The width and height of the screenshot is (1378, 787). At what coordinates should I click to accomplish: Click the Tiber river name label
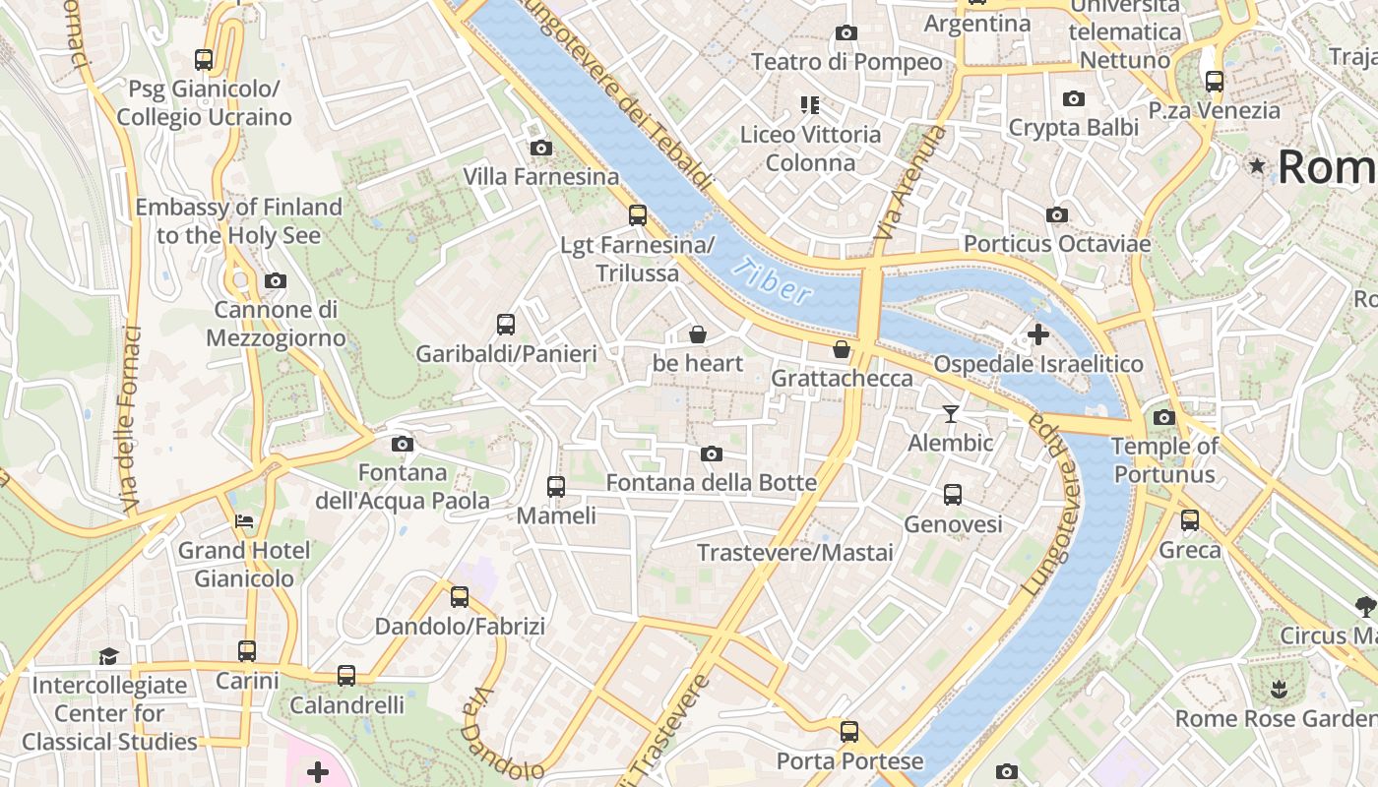point(774,280)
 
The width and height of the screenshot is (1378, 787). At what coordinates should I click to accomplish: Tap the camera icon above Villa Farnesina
point(540,149)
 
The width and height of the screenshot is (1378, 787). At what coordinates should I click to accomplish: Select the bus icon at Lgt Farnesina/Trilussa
point(638,215)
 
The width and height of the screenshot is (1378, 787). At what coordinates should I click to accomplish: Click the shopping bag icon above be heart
point(698,334)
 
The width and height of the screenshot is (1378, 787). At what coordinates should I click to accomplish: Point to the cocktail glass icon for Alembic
point(950,413)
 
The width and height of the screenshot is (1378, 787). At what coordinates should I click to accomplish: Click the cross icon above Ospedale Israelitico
point(1037,334)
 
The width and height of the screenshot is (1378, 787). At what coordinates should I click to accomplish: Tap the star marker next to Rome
point(1257,165)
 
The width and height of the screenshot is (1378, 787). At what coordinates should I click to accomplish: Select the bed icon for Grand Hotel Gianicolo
point(244,520)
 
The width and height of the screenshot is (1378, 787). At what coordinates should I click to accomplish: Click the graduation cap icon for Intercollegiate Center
point(108,656)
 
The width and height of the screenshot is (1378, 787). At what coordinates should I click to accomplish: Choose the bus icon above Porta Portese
point(849,732)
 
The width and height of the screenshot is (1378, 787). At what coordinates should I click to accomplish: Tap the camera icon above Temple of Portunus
point(1164,417)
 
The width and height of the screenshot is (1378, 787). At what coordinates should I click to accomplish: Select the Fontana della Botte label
point(711,482)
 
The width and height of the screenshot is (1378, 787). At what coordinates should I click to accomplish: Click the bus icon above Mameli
point(556,486)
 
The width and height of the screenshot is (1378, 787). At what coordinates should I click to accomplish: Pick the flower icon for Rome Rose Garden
point(1279,689)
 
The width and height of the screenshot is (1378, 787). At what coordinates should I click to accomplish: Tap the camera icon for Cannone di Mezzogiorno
point(276,281)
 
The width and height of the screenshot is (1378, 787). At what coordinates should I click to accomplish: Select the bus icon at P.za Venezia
point(1215,82)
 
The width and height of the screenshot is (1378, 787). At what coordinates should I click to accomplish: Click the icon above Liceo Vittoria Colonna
point(810,104)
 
